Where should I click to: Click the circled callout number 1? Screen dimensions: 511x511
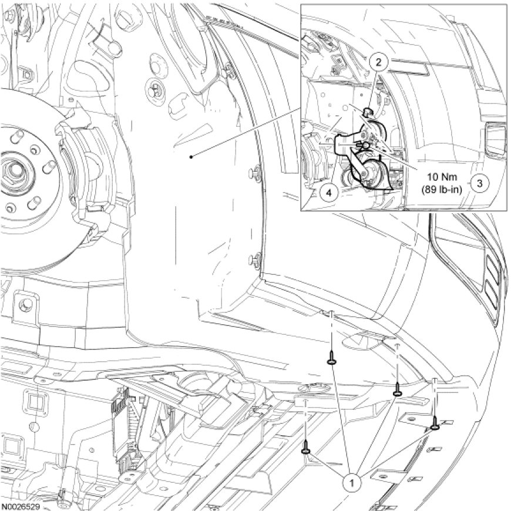[352, 483]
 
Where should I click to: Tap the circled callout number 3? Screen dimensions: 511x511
[479, 183]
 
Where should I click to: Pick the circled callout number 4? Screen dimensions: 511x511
[328, 193]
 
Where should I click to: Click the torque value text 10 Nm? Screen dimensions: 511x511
[442, 177]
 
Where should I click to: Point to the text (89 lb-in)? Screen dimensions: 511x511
[442, 190]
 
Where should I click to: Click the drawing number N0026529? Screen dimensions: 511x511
[20, 507]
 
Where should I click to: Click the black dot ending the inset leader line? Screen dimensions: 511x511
[191, 157]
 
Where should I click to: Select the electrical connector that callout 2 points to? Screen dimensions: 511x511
[368, 112]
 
